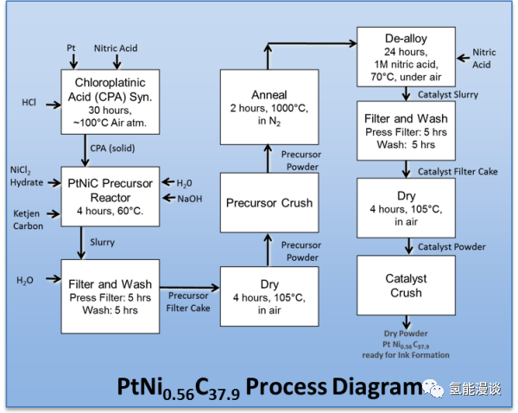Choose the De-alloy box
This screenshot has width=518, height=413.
click(x=405, y=56)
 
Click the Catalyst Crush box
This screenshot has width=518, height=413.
click(x=405, y=286)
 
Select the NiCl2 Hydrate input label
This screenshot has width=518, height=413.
click(x=27, y=175)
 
